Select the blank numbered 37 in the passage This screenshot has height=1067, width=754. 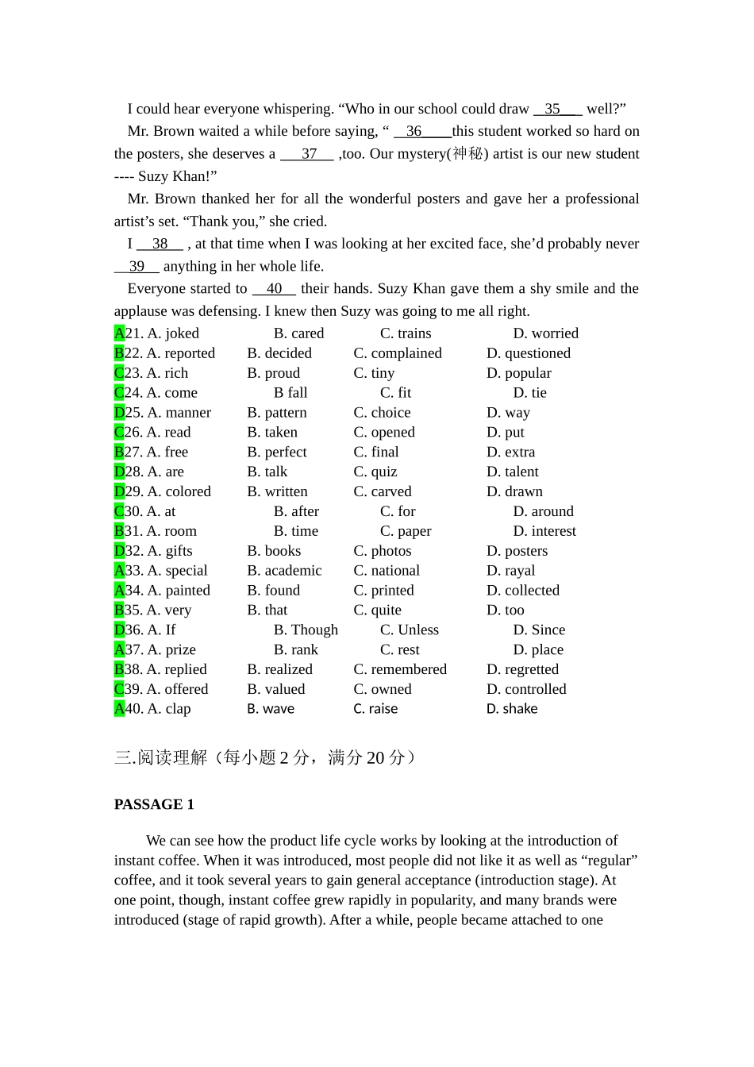coord(308,154)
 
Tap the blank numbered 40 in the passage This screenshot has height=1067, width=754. coord(274,289)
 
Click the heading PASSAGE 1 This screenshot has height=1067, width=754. coord(154,804)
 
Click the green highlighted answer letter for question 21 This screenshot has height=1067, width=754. coord(119,333)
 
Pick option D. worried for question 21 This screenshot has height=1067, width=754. coord(545,333)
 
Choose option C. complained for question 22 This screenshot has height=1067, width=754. coord(397,353)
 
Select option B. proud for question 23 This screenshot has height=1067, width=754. coord(273,373)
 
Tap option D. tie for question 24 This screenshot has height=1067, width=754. coord(529,393)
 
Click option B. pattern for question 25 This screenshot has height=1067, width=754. coord(276,413)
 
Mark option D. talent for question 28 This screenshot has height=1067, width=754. coord(512,472)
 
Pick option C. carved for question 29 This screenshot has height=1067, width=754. coord(382,491)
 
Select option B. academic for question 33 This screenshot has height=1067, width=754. coord(284,571)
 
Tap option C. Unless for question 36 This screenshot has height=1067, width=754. coord(409,630)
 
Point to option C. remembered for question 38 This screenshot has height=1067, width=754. coord(399,669)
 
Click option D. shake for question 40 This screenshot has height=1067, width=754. coord(511,709)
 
